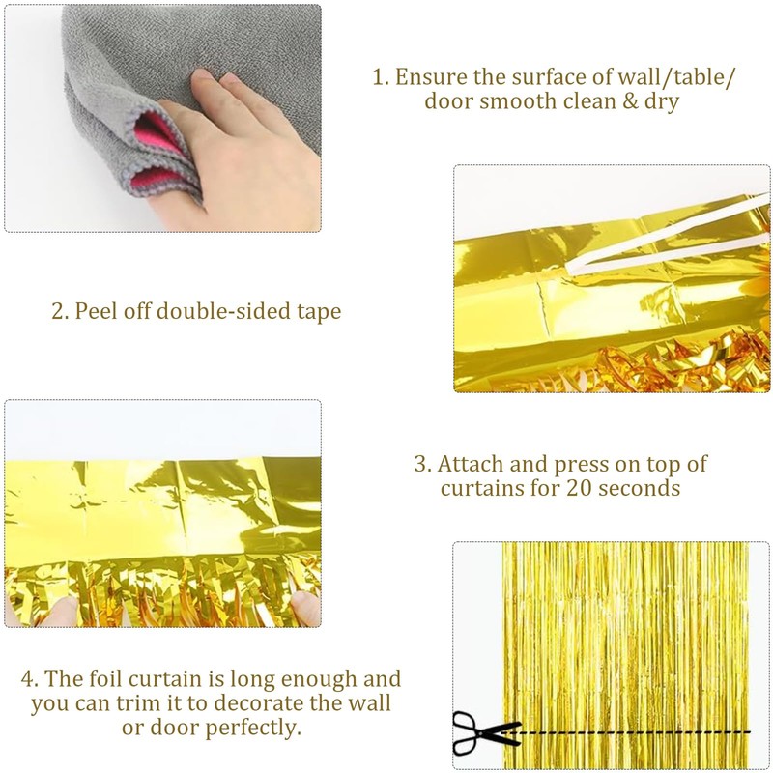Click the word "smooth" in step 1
[505, 101]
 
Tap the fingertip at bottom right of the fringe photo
[305, 609]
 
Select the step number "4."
[30, 679]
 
